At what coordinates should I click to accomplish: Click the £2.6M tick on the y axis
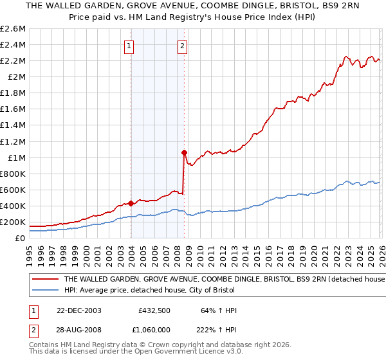[14, 29]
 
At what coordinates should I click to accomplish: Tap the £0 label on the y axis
[21, 238]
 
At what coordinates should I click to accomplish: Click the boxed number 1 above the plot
[130, 46]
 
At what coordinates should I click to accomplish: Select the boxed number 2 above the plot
[183, 46]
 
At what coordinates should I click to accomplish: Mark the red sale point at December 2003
[131, 203]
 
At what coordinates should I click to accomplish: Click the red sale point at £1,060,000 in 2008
[185, 152]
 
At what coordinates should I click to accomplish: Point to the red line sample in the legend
[45, 280]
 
